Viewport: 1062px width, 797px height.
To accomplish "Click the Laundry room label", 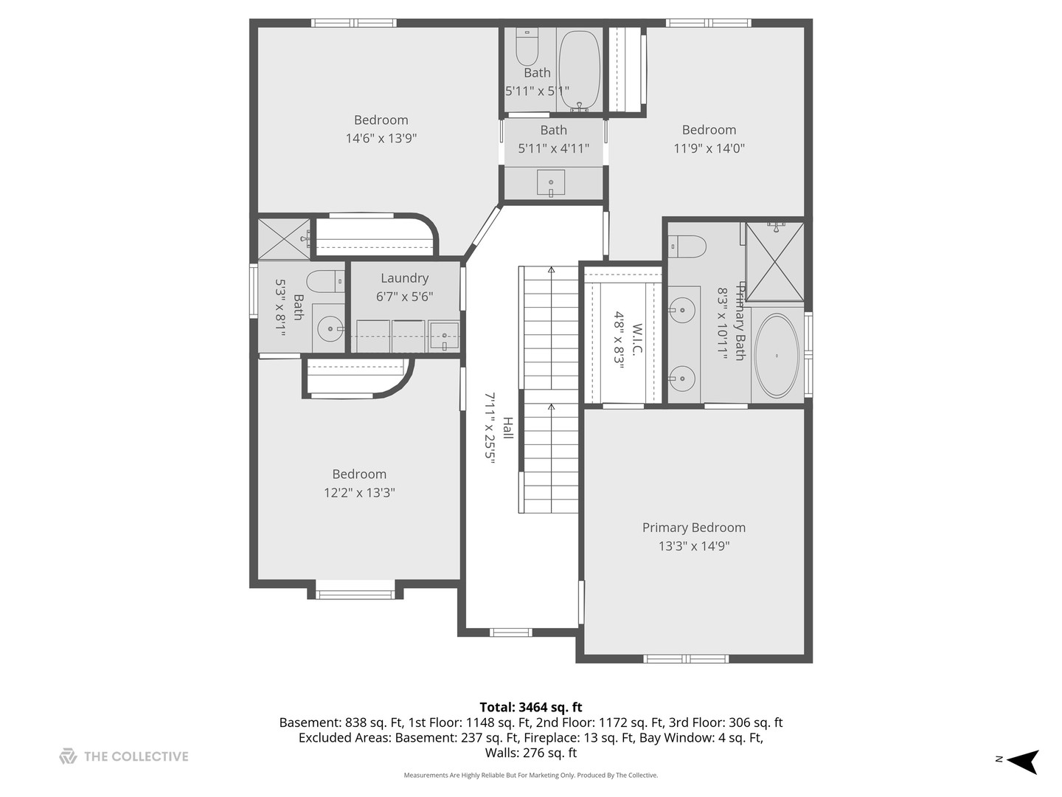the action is pyautogui.click(x=404, y=277).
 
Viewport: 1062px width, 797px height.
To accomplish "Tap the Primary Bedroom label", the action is pyautogui.click(x=694, y=528).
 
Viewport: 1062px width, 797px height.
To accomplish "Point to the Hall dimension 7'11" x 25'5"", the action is pyautogui.click(x=490, y=428).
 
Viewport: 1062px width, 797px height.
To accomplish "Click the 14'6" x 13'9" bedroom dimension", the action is pyautogui.click(x=381, y=139).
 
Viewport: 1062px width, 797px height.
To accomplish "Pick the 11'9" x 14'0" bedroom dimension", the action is pyautogui.click(x=709, y=148).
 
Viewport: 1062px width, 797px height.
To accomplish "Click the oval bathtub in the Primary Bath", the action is pyautogui.click(x=776, y=356).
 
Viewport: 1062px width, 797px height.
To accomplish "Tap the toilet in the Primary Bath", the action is pyautogui.click(x=687, y=246).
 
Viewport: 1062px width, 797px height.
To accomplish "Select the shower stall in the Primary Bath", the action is pyautogui.click(x=775, y=262).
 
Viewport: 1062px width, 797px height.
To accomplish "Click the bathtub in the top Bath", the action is pyautogui.click(x=579, y=71).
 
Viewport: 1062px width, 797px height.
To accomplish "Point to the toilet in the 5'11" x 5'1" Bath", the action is pyautogui.click(x=527, y=46).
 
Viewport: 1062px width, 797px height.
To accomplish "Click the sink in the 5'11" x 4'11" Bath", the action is pyautogui.click(x=551, y=183).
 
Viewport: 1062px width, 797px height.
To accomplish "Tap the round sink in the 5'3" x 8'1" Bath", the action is pyautogui.click(x=330, y=328).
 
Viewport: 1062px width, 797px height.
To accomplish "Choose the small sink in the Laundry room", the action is pyautogui.click(x=444, y=336).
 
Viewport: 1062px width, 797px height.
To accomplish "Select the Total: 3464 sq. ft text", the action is pyautogui.click(x=531, y=708).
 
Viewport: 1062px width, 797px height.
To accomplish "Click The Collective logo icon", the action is pyautogui.click(x=69, y=756).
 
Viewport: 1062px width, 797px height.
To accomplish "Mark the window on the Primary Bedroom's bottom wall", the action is pyautogui.click(x=686, y=658).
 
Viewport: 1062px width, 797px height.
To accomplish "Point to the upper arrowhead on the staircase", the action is pyautogui.click(x=551, y=269).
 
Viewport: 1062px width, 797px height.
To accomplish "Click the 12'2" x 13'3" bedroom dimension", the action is pyautogui.click(x=359, y=493).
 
